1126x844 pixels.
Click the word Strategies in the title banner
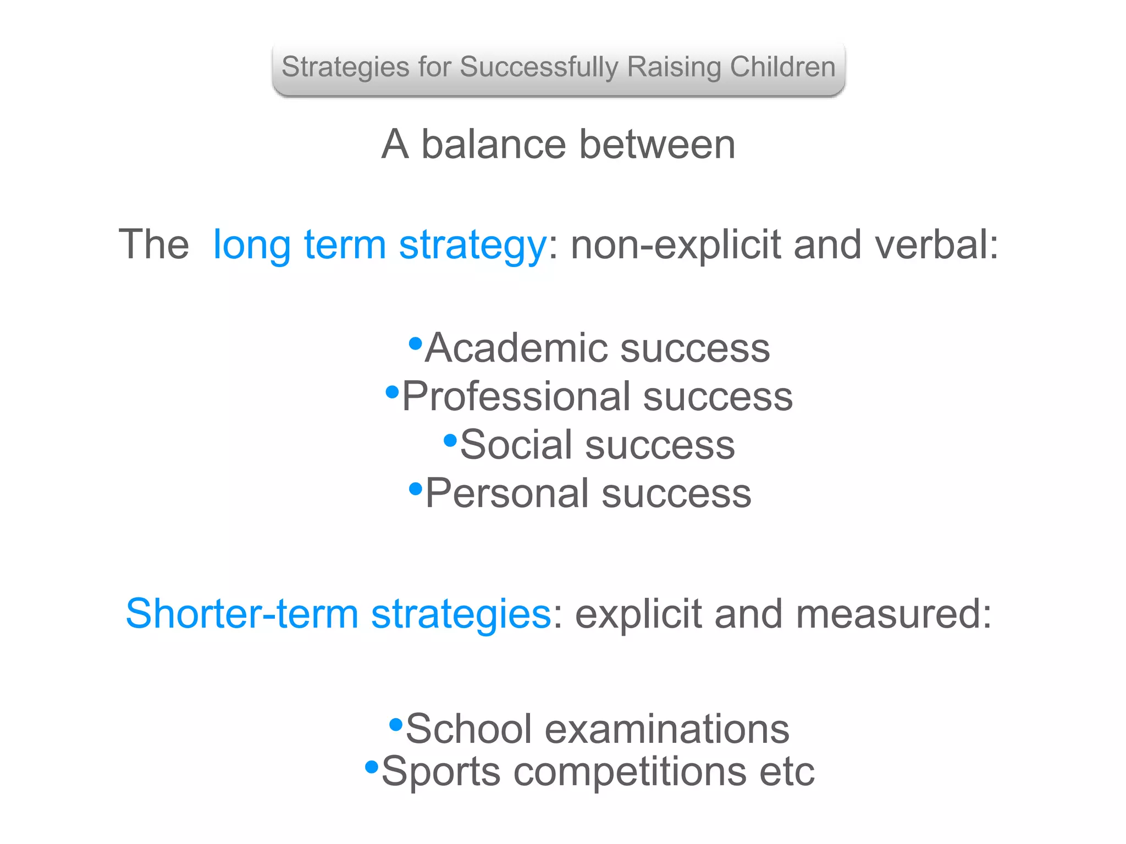pos(345,68)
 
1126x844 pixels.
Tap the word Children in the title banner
pos(782,68)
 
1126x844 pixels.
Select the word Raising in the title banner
pos(675,68)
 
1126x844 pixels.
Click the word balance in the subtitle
pos(493,145)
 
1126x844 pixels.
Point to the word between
pos(657,145)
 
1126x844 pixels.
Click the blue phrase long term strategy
pos(379,245)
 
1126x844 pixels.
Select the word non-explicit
pos(676,245)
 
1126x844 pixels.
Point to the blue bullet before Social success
pos(450,440)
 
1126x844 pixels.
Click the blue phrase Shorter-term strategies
pos(338,614)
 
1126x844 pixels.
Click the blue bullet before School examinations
pos(396,725)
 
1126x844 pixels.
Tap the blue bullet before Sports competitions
pos(372,767)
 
